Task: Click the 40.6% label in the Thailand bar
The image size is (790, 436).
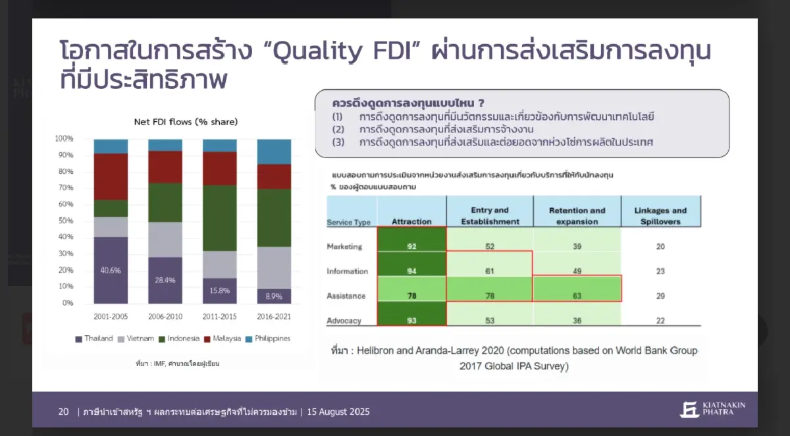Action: pos(111,271)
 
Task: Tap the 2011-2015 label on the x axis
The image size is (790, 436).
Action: pos(219,317)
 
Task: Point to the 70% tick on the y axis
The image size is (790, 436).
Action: pos(64,188)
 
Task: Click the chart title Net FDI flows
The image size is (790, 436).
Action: pos(186,122)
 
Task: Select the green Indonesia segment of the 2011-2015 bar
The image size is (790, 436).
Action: pos(219,217)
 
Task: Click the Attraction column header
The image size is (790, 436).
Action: pos(411,222)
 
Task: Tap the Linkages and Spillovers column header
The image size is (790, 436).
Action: pos(660,216)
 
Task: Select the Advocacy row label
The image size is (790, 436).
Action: pos(344,321)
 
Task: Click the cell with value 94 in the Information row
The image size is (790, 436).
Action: pos(411,271)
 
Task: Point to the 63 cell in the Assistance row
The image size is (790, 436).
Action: pos(577,296)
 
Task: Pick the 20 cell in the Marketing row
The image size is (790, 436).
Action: pos(660,246)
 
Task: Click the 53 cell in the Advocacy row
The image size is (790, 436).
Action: pos(489,321)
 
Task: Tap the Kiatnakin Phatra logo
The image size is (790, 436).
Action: pos(712,409)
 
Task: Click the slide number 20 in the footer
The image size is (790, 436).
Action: pos(63,412)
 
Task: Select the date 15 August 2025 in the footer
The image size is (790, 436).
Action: pos(338,412)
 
